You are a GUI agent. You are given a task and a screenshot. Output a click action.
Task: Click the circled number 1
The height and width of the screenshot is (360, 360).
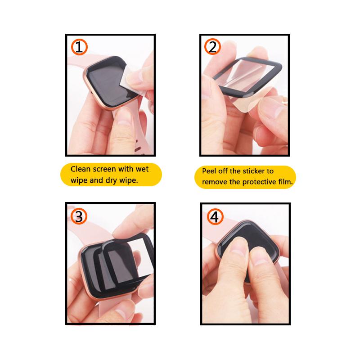(x=79, y=47)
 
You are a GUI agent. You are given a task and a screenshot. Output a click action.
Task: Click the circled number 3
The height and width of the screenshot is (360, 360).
(x=79, y=216)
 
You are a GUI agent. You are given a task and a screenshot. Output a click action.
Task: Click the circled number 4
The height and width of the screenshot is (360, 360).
(x=214, y=216)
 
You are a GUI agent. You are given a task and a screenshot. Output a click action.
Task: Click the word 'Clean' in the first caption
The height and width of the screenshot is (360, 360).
(x=81, y=169)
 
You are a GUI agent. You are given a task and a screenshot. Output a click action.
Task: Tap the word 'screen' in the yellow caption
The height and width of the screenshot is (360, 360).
(x=106, y=169)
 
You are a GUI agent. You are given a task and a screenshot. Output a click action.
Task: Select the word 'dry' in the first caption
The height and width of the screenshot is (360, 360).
(x=115, y=180)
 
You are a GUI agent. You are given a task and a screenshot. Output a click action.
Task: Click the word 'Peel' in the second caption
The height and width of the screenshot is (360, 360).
(x=210, y=171)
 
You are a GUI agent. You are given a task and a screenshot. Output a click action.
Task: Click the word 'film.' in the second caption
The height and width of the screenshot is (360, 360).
(x=286, y=182)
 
